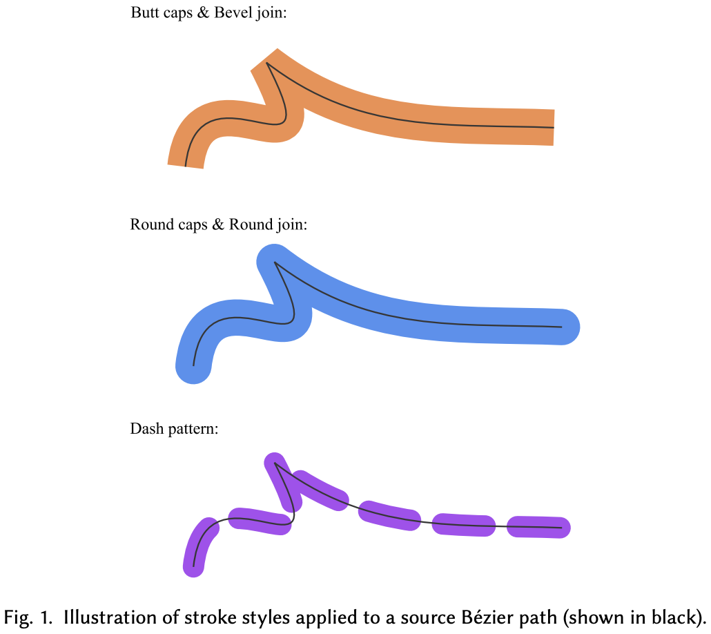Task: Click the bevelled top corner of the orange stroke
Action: [265, 60]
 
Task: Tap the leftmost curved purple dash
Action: [199, 546]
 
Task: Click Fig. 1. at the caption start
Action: [28, 616]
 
